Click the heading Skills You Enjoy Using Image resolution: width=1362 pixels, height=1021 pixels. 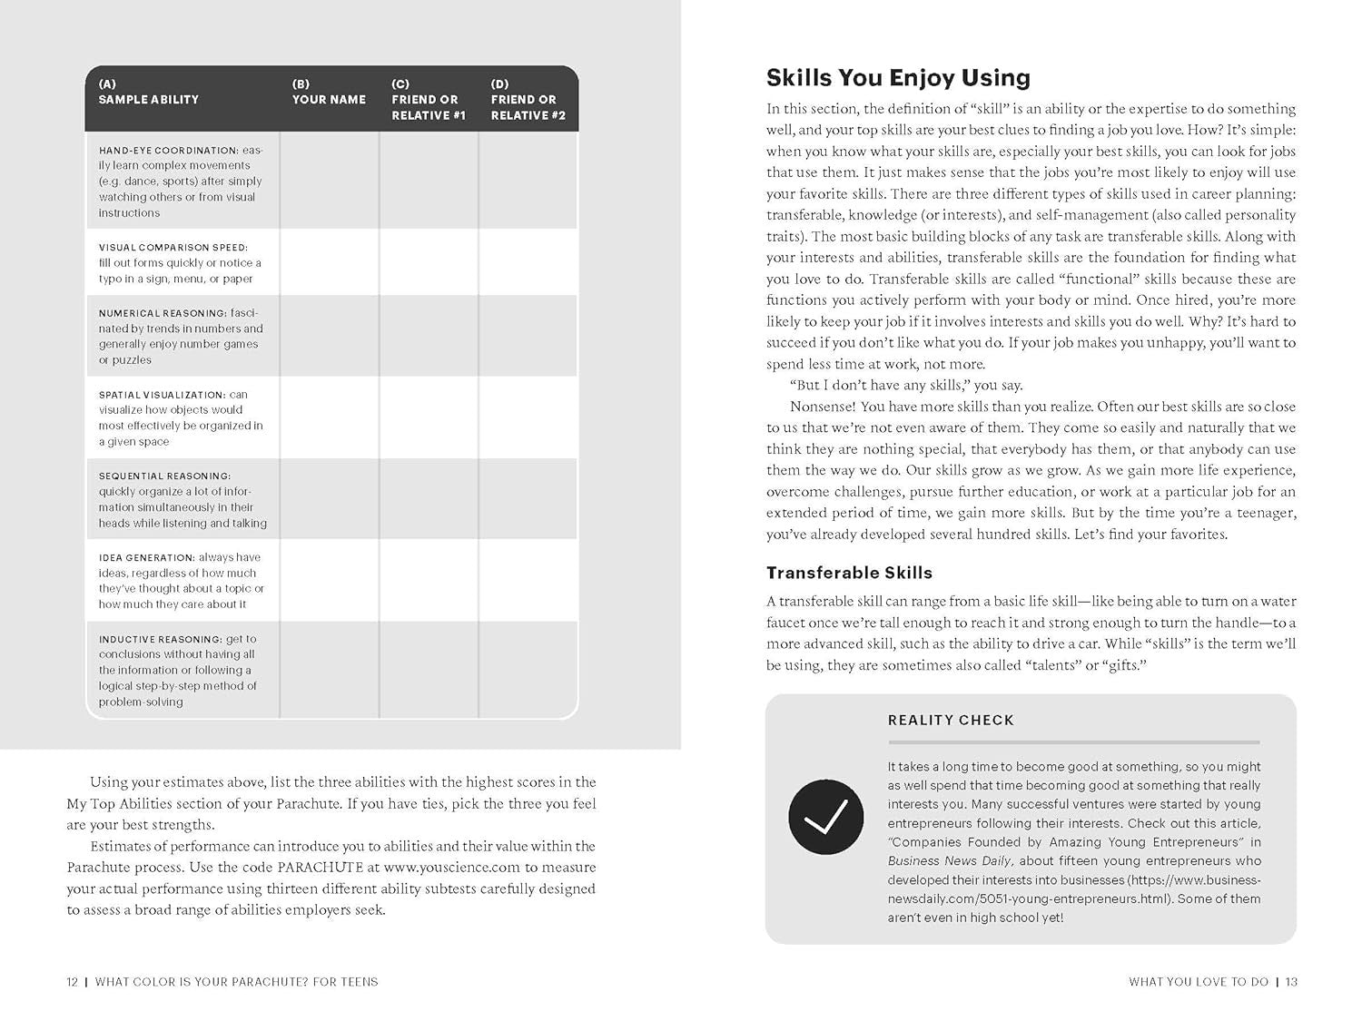pyautogui.click(x=898, y=78)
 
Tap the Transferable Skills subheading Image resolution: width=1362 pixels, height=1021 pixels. pyautogui.click(x=849, y=573)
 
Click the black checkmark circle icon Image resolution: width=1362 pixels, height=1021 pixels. pyautogui.click(x=825, y=817)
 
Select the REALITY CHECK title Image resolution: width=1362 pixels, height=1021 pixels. pyautogui.click(x=951, y=721)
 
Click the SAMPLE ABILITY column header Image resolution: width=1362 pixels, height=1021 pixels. pyautogui.click(x=149, y=100)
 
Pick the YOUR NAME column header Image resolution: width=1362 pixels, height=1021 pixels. pyautogui.click(x=329, y=100)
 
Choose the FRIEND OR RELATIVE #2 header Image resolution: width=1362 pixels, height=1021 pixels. pyautogui.click(x=528, y=107)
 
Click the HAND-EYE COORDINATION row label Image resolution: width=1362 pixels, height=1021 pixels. pyautogui.click(x=168, y=151)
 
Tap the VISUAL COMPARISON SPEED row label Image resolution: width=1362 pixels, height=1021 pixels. pyautogui.click(x=173, y=248)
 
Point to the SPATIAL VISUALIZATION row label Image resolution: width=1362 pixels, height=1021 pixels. pyautogui.click(x=162, y=395)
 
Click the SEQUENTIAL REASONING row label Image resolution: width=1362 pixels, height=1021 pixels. pyautogui.click(x=165, y=476)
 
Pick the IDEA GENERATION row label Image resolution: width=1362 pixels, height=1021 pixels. pyautogui.click(x=147, y=557)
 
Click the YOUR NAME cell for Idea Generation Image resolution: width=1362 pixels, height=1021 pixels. pyautogui.click(x=329, y=580)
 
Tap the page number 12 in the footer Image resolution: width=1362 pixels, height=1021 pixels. pyautogui.click(x=73, y=982)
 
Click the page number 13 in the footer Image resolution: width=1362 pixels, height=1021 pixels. pyautogui.click(x=1291, y=982)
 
